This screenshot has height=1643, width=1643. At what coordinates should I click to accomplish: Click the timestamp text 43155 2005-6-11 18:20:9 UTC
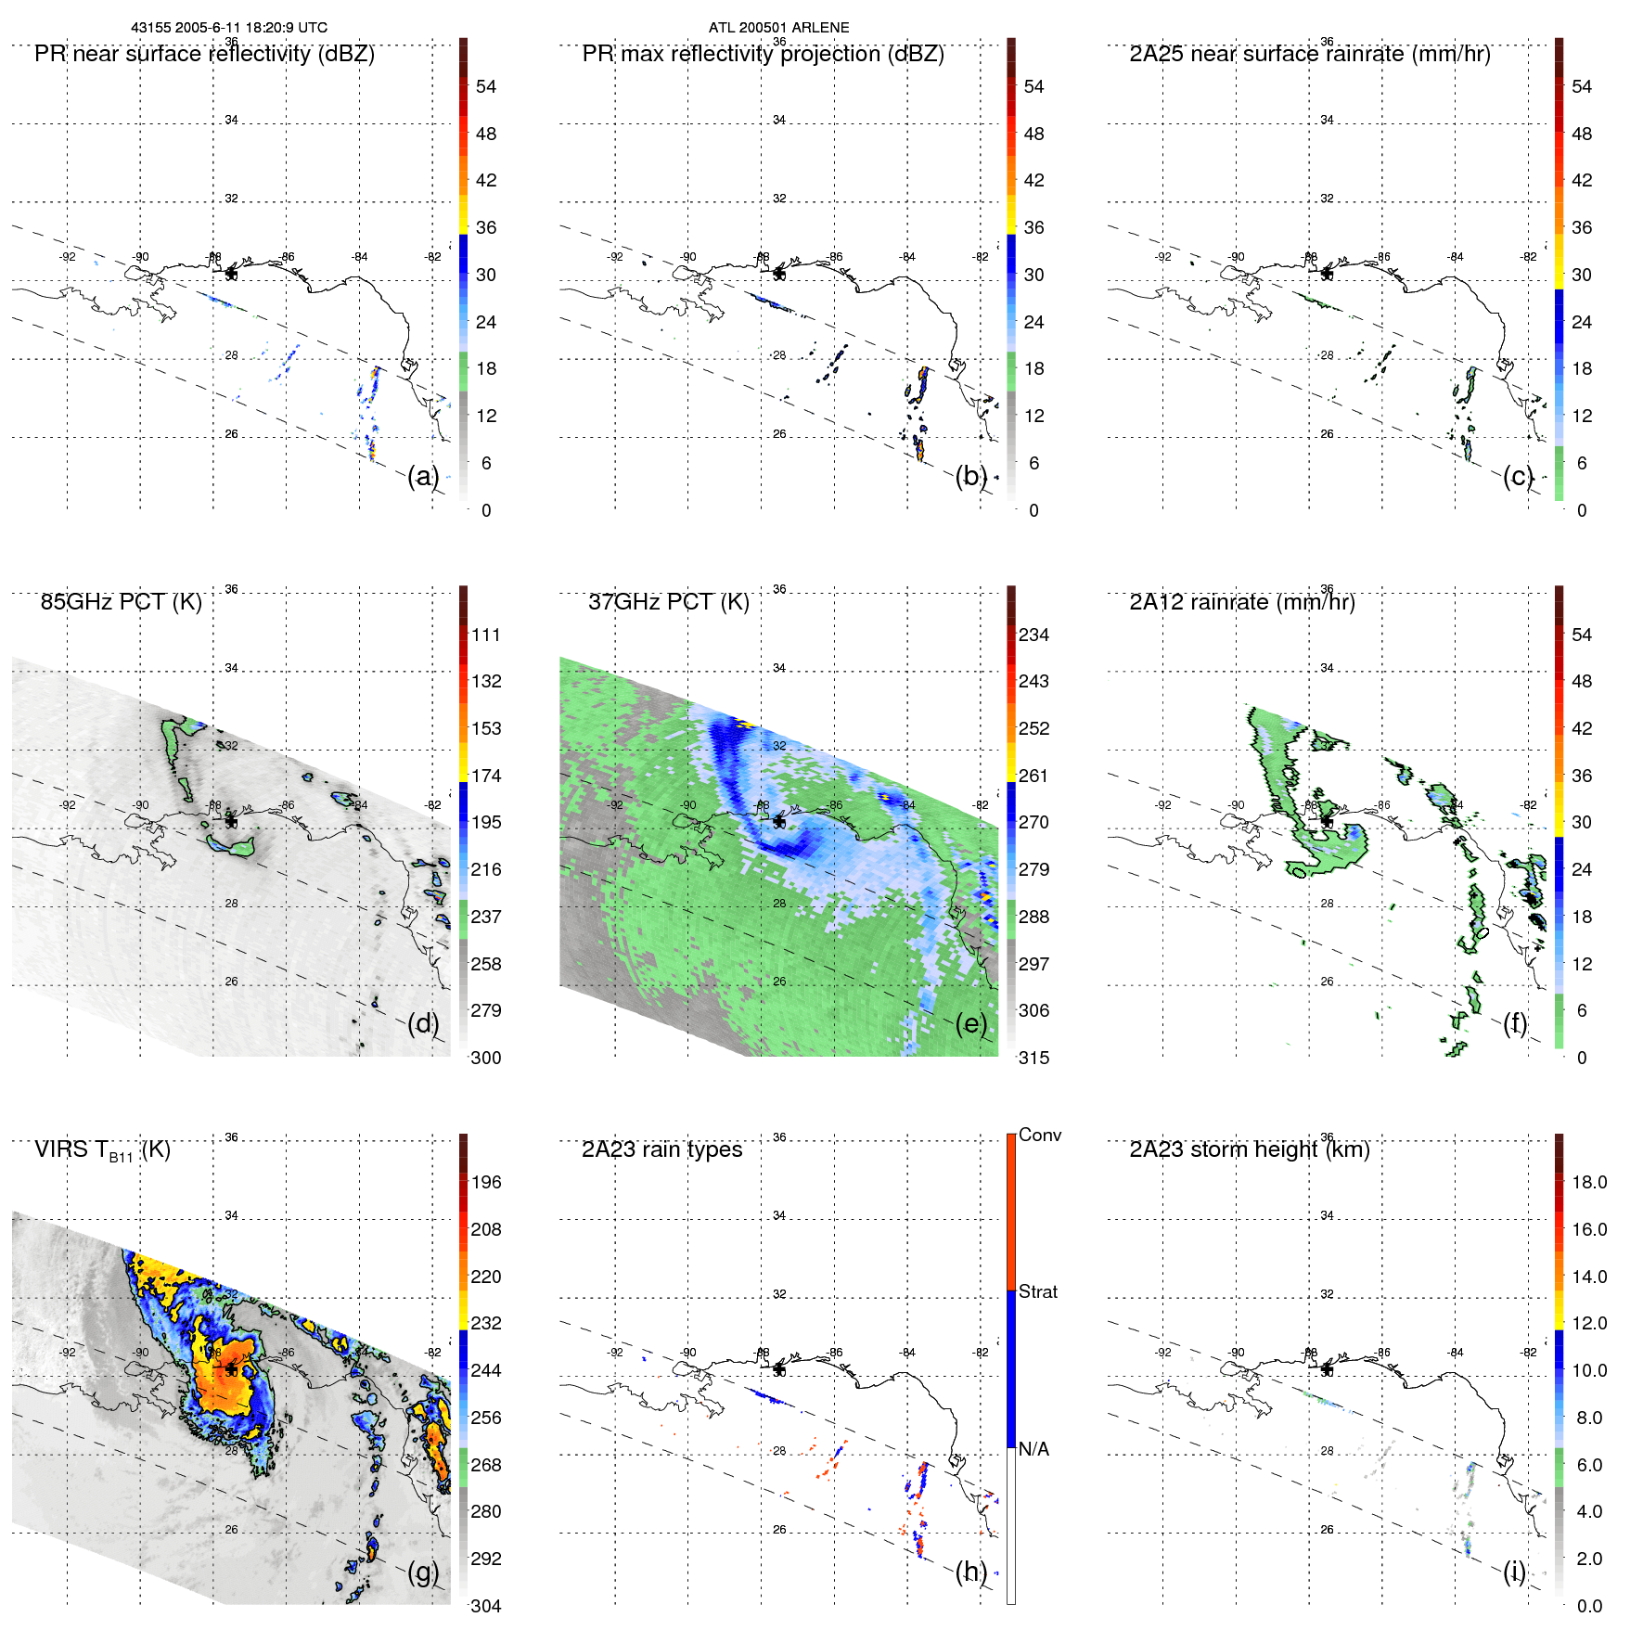229,28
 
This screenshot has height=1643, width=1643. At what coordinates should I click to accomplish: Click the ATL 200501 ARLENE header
778,28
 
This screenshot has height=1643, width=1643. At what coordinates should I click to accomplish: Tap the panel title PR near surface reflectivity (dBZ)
204,54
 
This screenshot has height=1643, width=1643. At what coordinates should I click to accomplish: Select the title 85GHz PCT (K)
121,602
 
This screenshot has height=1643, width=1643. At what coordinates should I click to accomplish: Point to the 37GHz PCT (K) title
668,602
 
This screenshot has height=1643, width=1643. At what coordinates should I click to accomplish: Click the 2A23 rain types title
661,1149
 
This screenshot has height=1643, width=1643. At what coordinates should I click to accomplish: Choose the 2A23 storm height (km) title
1249,1149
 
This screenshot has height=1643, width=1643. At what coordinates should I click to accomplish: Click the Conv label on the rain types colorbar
1040,1135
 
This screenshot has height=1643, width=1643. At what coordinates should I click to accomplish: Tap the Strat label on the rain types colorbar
1038,1291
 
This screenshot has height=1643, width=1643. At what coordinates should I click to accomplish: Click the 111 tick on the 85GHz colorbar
486,635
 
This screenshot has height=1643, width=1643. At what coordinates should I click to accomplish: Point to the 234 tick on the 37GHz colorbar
1033,635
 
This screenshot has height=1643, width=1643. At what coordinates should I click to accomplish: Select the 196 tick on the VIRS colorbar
486,1182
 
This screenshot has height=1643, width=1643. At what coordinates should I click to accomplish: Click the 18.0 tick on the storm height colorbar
1589,1182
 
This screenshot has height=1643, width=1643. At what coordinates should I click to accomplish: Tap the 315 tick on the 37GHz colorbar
1033,1058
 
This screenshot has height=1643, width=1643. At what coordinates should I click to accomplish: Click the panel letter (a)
423,476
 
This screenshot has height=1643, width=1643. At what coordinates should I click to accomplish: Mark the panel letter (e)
971,1023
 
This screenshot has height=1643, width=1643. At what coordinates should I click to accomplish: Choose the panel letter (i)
1515,1571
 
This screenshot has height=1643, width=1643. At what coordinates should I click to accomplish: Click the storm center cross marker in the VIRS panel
231,1369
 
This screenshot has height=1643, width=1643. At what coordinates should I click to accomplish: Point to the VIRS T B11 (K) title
102,1150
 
